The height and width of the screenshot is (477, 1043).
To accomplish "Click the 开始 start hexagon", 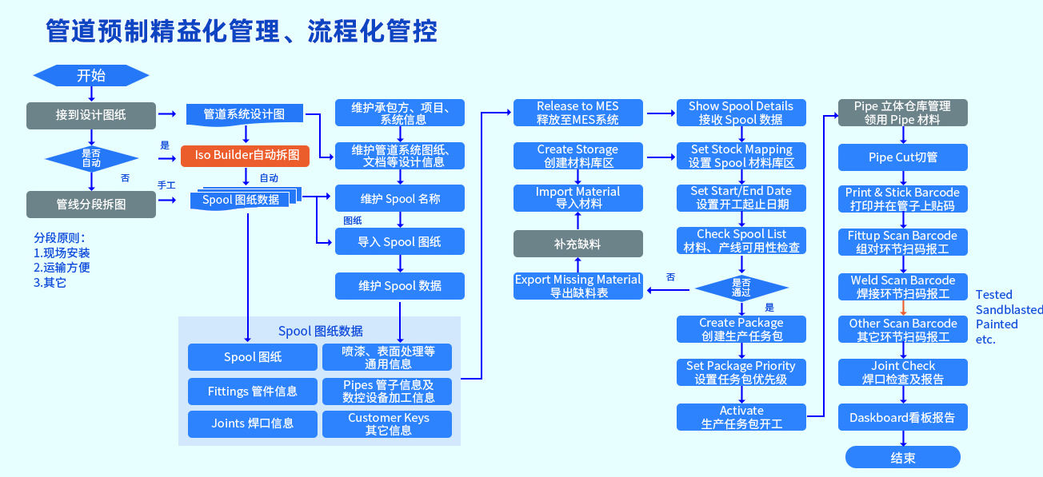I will pos(90,76).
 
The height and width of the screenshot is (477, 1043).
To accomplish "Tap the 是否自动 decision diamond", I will pos(90,157).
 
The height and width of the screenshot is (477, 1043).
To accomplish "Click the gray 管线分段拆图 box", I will pos(90,205).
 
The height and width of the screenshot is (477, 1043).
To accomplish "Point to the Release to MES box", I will pos(577,113).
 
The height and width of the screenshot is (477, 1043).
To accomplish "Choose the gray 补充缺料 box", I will pos(577,244).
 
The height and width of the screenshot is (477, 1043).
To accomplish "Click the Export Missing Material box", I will pos(577,286).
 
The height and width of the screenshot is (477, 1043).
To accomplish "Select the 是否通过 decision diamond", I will pos(741,288).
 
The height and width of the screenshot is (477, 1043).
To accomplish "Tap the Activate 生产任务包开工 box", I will pos(741,417).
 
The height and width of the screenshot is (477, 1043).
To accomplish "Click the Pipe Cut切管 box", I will pos(903,157).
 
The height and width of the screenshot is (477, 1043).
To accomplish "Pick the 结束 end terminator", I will pos(902,457).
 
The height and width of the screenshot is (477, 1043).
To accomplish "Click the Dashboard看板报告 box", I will pos(902,418).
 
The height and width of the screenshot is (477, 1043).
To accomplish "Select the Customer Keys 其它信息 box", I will pos(388,424).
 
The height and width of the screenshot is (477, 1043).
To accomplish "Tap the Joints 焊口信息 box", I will pos(252,424).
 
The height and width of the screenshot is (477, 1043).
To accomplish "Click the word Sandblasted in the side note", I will pos(1009,310).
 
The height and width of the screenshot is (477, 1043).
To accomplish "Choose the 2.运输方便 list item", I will pos(62,268).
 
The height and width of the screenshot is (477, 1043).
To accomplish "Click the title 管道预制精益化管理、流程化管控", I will pos(242,32).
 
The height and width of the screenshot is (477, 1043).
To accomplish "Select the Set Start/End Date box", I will pos(741,197).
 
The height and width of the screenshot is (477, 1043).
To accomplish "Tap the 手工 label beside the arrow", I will pos(166,185).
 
